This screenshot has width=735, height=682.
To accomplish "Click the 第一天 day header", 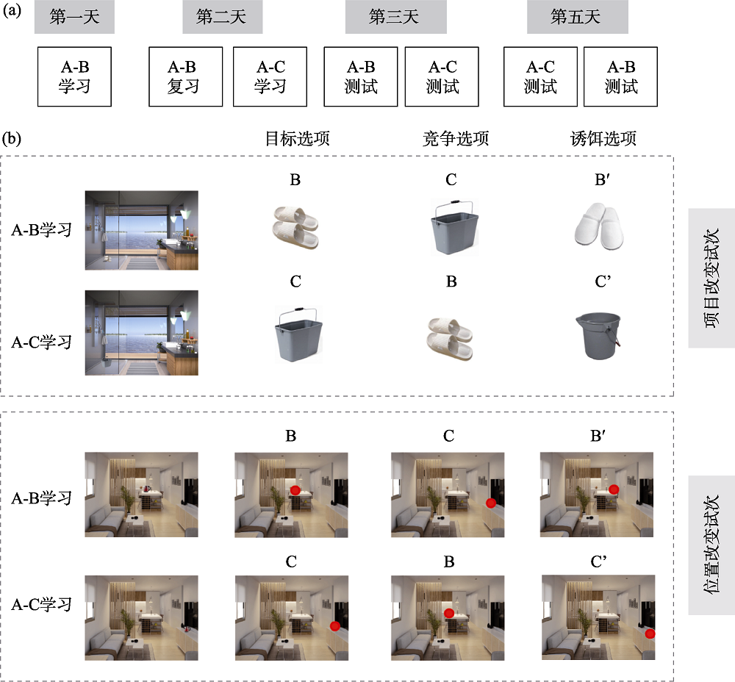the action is pos(74,17).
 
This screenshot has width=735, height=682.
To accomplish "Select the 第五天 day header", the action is pos(578,17).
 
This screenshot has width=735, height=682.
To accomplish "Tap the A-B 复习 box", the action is pos(186,77).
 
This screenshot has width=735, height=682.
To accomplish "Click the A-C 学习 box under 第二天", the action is pos(270,77).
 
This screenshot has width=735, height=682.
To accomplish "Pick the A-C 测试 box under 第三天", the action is pos(442,77).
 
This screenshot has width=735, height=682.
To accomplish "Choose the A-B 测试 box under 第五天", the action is pos(620,77).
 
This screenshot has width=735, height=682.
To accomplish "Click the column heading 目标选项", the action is pos(298,138).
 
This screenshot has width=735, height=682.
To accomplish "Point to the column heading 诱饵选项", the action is pos(603,138).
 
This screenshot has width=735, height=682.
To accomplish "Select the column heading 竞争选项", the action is pos(456,138).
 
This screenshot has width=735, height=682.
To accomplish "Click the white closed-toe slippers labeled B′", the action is pos(600,226).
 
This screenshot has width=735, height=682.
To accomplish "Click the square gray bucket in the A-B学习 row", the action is pos(453,228).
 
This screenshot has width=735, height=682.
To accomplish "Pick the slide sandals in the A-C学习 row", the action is pos(450,338).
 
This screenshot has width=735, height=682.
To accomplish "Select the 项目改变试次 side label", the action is pos(711,278).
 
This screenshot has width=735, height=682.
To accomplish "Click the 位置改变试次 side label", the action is pos(711,545).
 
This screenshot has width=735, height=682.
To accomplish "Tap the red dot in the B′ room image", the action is pos(614,490).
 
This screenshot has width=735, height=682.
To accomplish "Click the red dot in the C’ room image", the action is pos(650,633).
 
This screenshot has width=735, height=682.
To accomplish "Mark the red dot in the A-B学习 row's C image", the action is pos(491,503).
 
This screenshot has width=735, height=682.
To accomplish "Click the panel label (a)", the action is pos(12,10).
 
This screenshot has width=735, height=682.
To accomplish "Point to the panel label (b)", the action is pos(12,139).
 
